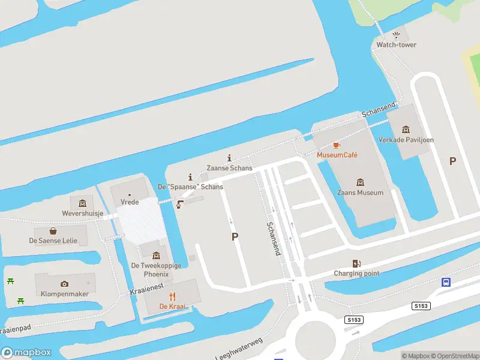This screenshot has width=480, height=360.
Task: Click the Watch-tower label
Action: pyautogui.click(x=396, y=45)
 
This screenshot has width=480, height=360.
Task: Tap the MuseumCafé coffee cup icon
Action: pyautogui.click(x=337, y=145)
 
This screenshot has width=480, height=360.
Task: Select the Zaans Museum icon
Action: pyautogui.click(x=361, y=182)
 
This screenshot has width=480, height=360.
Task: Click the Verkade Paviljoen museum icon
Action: pyautogui.click(x=406, y=130)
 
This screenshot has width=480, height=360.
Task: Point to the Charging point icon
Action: pyautogui.click(x=356, y=263)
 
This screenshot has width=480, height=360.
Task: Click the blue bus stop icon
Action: pyautogui.click(x=446, y=282)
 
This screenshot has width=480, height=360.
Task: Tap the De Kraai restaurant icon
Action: pyautogui.click(x=172, y=296)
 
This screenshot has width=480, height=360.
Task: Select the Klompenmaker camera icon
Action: pyautogui.click(x=64, y=284)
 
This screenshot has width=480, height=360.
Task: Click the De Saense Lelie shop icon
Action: pyautogui.click(x=53, y=230)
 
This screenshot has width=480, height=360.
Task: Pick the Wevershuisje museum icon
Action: pyautogui.click(x=83, y=203)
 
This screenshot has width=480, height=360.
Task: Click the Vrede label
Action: pyautogui.click(x=130, y=202)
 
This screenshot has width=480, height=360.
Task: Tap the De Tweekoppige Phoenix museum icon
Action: pyautogui.click(x=156, y=256)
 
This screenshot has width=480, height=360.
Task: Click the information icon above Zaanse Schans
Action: pyautogui.click(x=229, y=158)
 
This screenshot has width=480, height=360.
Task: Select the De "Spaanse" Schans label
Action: pyautogui.click(x=190, y=187)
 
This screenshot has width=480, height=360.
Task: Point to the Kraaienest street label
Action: pyautogui.click(x=146, y=290)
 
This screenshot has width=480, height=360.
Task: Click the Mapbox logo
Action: pyautogui.click(x=26, y=352)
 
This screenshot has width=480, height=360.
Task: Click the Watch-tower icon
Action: pyautogui.click(x=396, y=35)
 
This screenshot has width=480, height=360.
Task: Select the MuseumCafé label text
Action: pyautogui.click(x=337, y=155)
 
